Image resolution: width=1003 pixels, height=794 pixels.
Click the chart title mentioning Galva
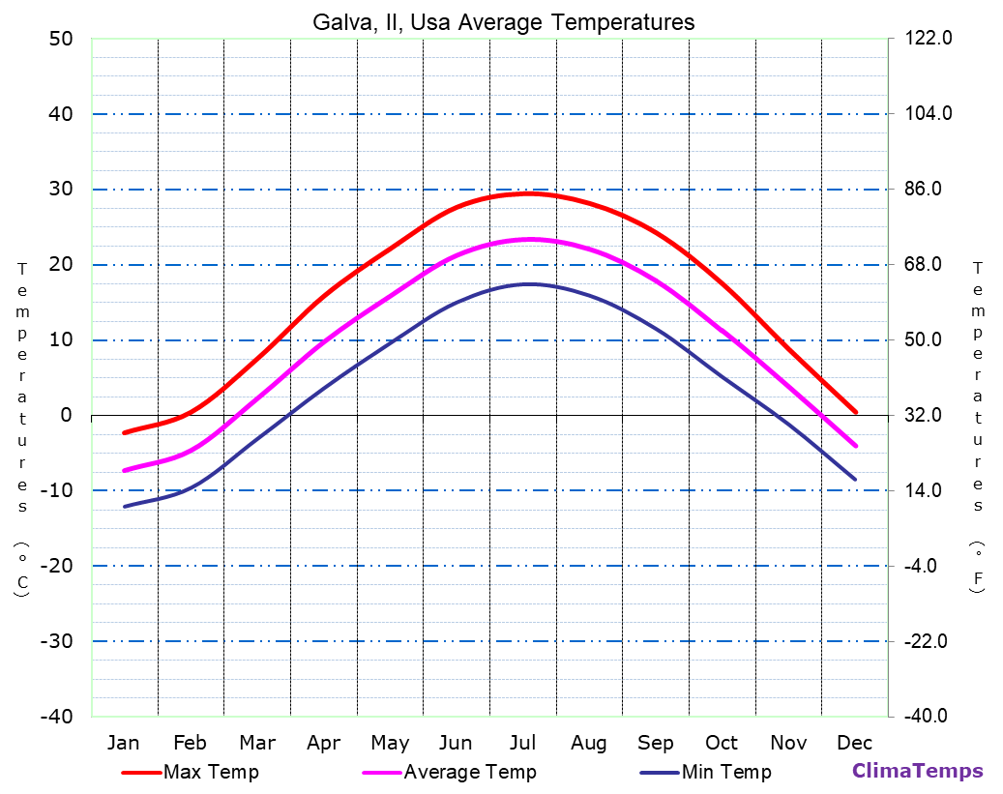click(x=503, y=21)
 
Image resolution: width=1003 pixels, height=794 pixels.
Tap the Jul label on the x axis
click(x=522, y=743)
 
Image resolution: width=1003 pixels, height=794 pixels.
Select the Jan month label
click(x=123, y=743)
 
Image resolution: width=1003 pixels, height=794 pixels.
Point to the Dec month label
click(x=855, y=743)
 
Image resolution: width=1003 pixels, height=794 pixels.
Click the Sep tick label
click(x=656, y=743)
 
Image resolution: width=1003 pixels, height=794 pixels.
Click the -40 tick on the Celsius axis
click(x=55, y=717)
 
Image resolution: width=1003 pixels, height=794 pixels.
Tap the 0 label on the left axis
click(x=66, y=416)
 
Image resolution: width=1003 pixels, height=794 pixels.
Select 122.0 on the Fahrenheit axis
click(x=929, y=39)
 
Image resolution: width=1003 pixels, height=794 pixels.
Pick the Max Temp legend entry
click(x=211, y=772)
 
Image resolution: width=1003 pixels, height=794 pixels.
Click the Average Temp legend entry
click(x=469, y=772)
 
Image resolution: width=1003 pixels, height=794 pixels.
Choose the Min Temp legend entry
click(x=726, y=772)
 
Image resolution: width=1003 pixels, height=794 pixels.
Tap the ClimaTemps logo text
click(x=917, y=772)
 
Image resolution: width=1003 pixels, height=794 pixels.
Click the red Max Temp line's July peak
click(x=527, y=193)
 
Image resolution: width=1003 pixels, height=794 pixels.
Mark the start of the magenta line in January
click(x=124, y=470)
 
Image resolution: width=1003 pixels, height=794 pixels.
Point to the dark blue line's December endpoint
click(x=855, y=479)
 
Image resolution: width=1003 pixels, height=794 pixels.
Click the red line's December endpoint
click(x=855, y=412)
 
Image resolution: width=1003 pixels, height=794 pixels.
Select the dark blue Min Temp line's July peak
click(x=528, y=284)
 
